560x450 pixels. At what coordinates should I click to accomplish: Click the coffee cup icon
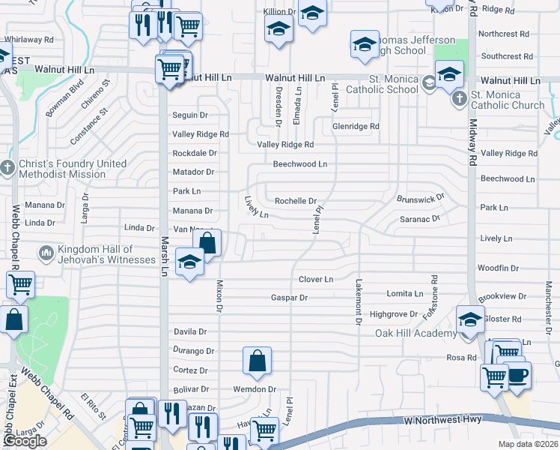point(517,375)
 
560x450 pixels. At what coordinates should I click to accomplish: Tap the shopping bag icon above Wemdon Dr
point(257,361)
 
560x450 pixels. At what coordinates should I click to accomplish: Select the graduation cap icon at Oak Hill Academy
point(470,320)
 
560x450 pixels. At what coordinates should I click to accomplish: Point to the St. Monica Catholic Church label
point(507,100)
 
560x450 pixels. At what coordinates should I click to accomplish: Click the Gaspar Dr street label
point(290,298)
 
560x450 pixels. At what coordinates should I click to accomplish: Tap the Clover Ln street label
point(316,280)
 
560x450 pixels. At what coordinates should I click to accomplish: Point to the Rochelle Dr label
point(296,201)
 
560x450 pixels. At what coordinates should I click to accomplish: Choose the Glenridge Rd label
point(356,127)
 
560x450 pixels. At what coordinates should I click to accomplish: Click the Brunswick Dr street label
point(421,197)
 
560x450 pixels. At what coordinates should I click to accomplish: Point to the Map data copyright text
point(529,444)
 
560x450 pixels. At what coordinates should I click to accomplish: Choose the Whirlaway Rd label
point(29,39)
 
